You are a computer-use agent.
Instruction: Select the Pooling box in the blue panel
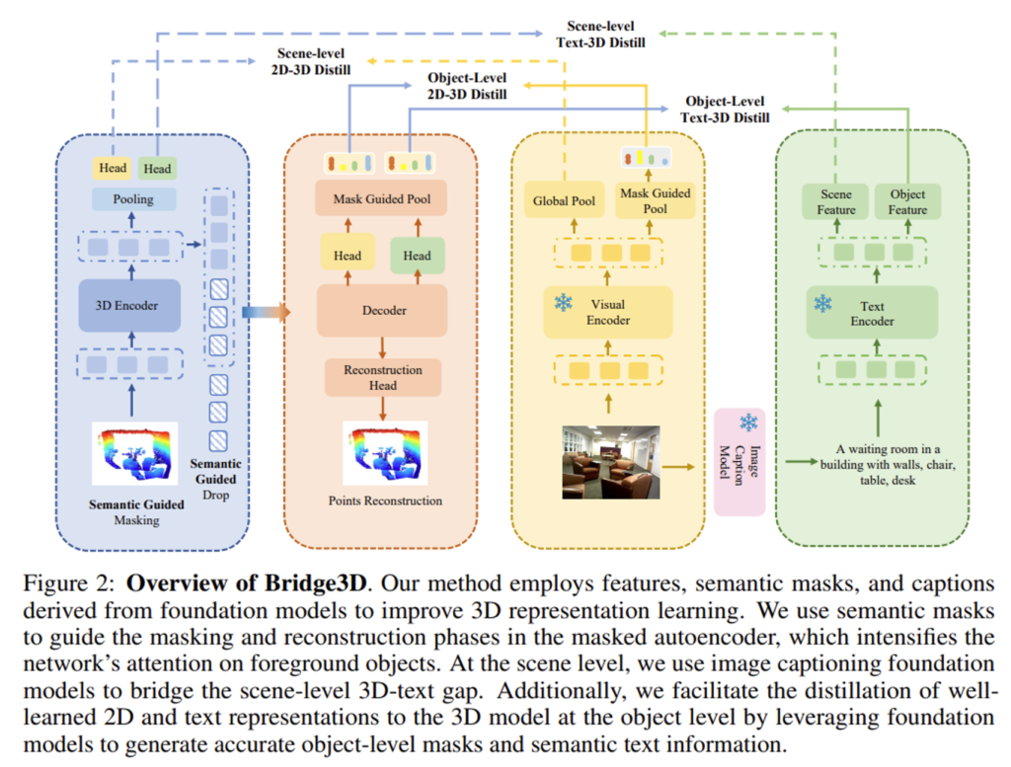[133, 199]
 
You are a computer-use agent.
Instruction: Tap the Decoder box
[382, 310]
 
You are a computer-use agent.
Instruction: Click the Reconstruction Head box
[382, 377]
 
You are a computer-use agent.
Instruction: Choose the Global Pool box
[564, 201]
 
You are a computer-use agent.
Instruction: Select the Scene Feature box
[834, 201]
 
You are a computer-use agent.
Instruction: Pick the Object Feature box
[907, 201]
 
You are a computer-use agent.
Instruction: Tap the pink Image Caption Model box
[739, 463]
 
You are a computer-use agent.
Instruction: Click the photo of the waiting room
[609, 462]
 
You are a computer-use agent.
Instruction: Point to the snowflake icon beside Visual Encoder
[563, 302]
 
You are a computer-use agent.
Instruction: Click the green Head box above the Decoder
[417, 256]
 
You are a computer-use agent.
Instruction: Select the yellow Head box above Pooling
[113, 169]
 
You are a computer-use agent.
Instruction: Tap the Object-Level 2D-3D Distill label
[468, 85]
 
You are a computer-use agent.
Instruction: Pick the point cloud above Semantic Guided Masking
[134, 455]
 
